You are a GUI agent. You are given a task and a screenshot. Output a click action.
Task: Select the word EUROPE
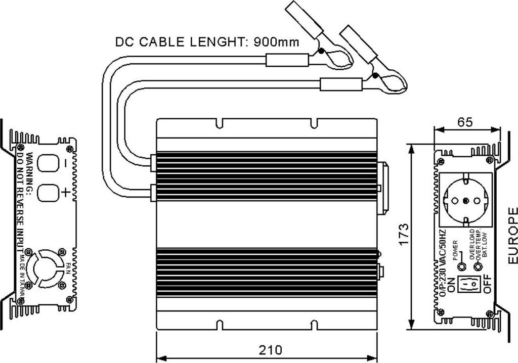click(512, 236)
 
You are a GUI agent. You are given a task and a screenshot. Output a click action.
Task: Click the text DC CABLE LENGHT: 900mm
click(206, 41)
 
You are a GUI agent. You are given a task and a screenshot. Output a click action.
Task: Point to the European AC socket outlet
click(466, 199)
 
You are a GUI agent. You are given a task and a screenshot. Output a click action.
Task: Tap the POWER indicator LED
click(461, 266)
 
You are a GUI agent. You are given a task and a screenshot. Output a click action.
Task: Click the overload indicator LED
click(475, 266)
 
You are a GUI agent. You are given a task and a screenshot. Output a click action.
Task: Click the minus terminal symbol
click(66, 163)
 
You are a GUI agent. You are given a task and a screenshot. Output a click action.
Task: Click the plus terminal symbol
click(66, 193)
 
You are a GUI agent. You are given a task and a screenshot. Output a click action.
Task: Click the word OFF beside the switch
click(487, 285)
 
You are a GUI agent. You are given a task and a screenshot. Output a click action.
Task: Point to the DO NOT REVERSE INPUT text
click(20, 197)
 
